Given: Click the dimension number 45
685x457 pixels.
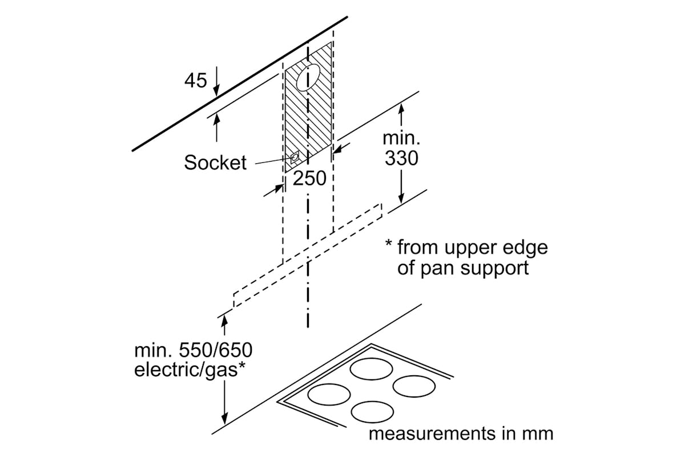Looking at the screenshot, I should click(x=195, y=81).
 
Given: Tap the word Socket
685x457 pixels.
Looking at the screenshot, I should click(x=215, y=163).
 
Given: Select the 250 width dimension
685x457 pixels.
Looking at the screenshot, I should click(x=309, y=179).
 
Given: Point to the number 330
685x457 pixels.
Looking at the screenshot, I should click(x=401, y=158).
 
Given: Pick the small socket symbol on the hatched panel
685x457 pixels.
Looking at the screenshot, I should click(x=295, y=158).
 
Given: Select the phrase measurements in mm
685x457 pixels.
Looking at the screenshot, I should click(x=461, y=433).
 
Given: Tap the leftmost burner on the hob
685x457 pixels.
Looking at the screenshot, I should click(x=329, y=394).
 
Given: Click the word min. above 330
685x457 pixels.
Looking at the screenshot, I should click(x=401, y=139).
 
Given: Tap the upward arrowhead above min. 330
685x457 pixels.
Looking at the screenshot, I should click(x=401, y=108).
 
